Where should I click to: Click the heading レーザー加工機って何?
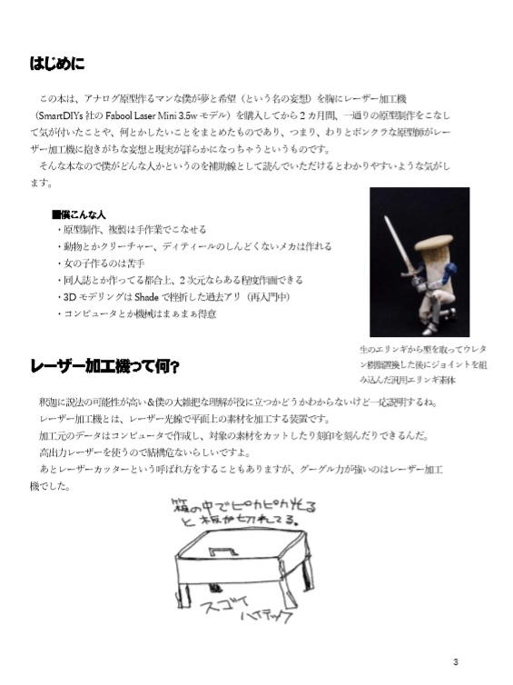pyautogui.click(x=104, y=367)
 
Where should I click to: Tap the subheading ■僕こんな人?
pyautogui.click(x=79, y=213)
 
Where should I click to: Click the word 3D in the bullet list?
pyautogui.click(x=66, y=296)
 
